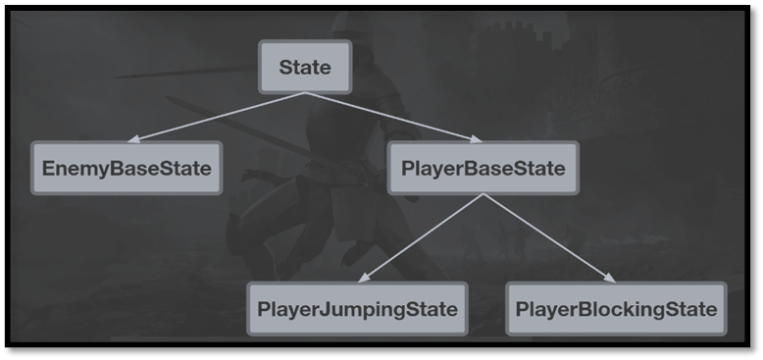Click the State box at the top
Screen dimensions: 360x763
(304, 68)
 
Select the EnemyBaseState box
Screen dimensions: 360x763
(127, 168)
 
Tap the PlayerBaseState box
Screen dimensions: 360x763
(483, 168)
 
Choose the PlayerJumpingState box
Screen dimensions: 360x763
(357, 310)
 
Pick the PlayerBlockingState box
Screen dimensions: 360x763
(616, 310)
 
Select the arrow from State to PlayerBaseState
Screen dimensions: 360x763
(392, 117)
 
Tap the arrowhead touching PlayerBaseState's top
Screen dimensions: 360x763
(473, 140)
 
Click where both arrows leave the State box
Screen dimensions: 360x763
(305, 93)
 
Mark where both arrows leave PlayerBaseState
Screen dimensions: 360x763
(483, 194)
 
